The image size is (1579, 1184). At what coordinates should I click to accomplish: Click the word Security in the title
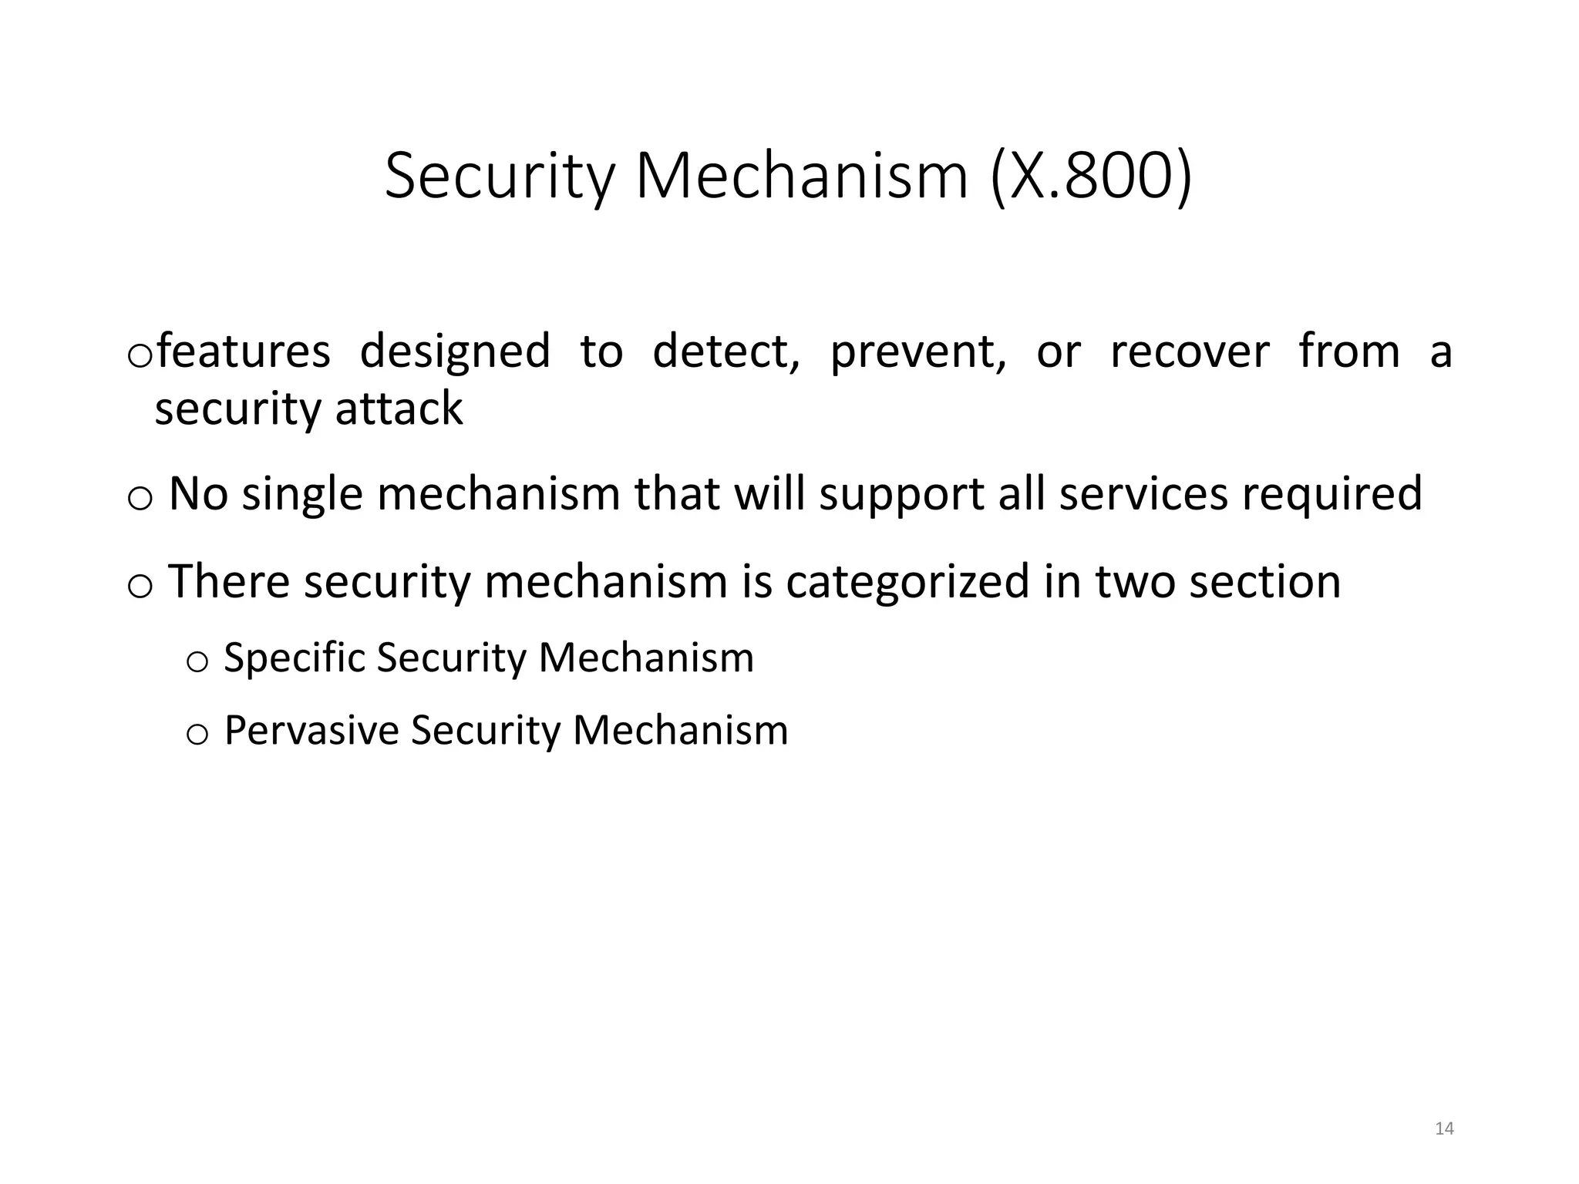click(500, 177)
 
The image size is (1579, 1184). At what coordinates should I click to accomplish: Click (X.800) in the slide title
click(1090, 177)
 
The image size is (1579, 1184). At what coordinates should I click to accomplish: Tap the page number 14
click(1444, 1129)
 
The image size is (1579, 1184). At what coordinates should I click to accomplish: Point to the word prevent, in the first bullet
click(917, 353)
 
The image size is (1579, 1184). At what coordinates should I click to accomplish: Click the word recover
click(1189, 351)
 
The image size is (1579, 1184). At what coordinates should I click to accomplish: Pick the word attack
click(399, 408)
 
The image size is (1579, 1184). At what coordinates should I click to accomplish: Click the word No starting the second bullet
click(198, 493)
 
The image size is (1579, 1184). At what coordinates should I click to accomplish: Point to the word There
click(228, 581)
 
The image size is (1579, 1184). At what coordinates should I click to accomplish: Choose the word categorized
click(907, 582)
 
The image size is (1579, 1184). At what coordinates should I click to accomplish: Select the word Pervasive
click(311, 730)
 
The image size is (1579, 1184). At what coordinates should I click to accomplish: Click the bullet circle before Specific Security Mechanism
click(197, 662)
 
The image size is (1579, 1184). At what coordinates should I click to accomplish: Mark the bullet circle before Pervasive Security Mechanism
click(197, 734)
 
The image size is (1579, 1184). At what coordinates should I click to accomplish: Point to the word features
click(243, 351)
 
